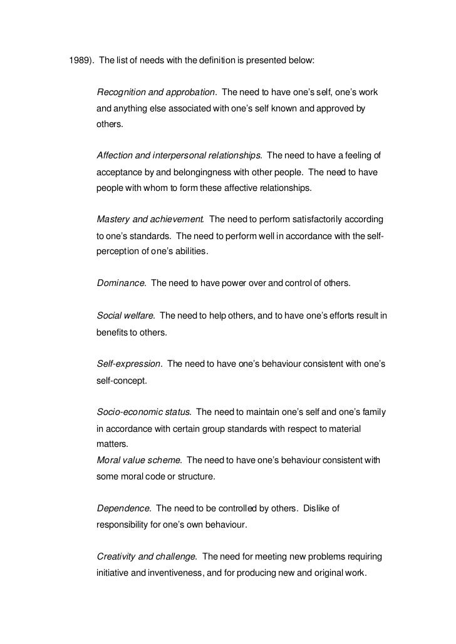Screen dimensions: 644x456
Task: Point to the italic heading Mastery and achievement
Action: [x=150, y=219]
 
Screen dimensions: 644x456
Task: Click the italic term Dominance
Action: [x=121, y=283]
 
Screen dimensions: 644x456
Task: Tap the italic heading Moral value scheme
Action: [x=138, y=460]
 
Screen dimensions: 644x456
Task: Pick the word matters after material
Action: [x=110, y=444]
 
